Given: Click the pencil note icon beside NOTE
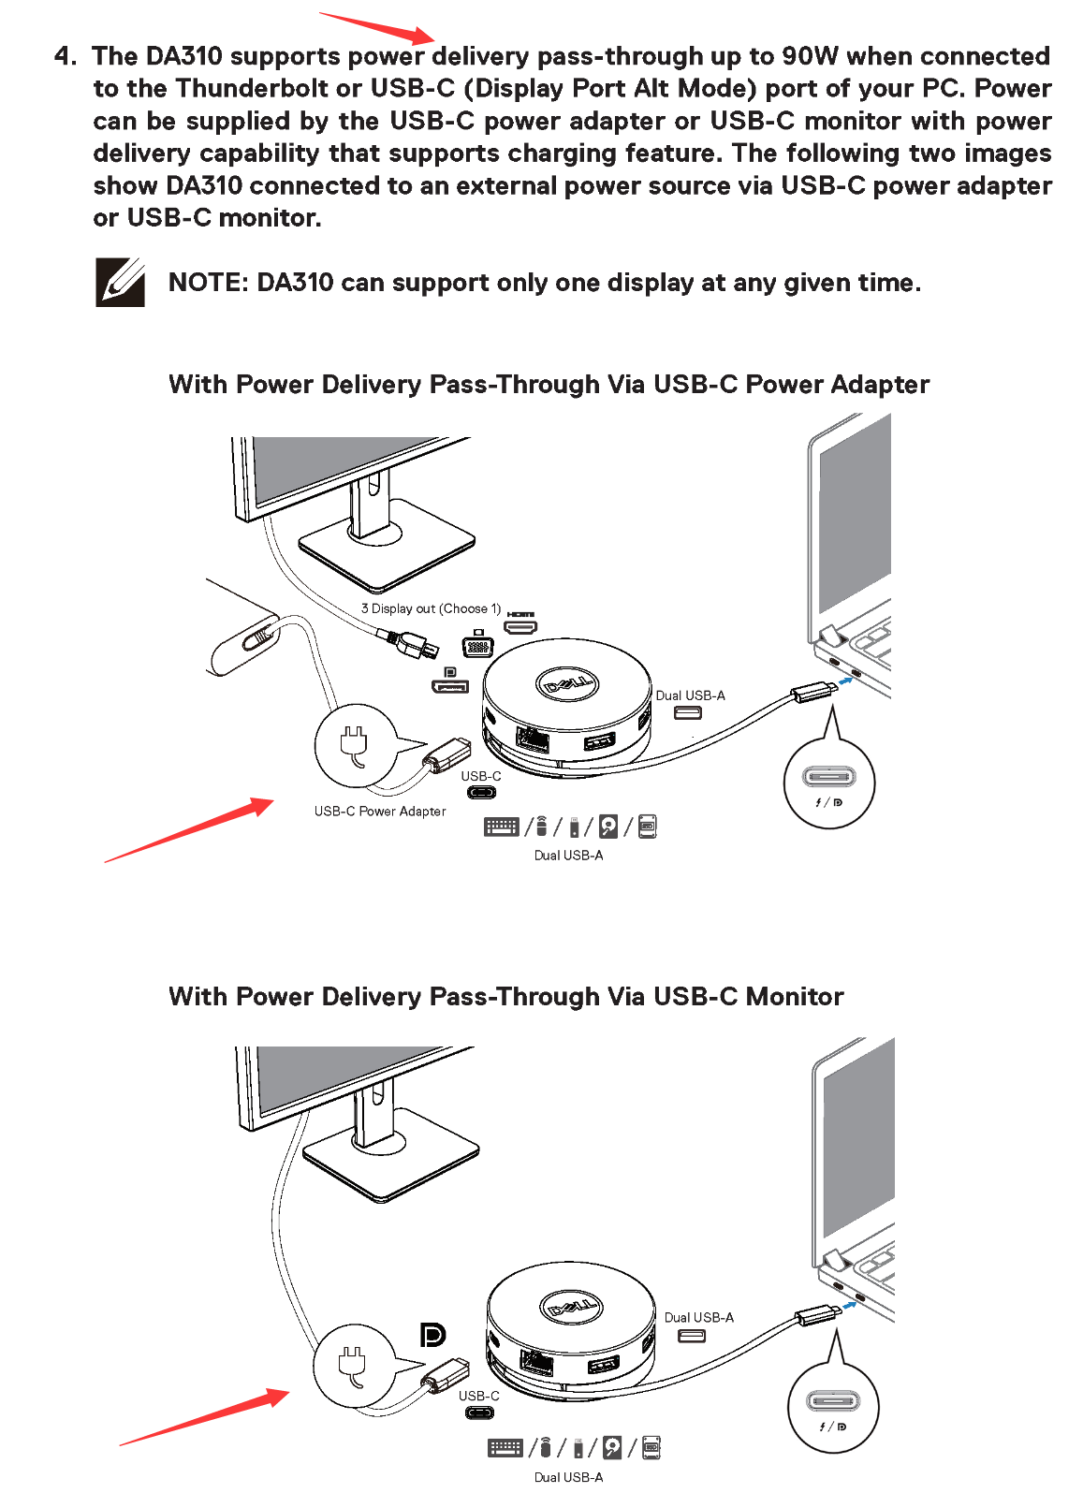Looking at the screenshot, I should [120, 282].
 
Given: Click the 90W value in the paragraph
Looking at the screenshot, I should [810, 56].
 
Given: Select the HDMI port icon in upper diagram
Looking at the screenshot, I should [520, 624].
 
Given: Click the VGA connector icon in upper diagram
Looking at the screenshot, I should [477, 646].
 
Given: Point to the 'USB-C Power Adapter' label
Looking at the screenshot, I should [380, 812].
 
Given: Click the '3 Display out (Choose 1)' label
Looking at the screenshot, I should [431, 608].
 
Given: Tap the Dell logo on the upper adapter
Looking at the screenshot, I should [567, 684].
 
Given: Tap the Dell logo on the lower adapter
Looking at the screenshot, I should [571, 1306].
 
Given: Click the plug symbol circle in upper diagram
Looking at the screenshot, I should [355, 745].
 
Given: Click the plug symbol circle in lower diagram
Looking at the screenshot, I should [353, 1365].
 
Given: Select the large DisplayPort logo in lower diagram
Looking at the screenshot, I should [432, 1335].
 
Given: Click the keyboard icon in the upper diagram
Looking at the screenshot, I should [502, 827].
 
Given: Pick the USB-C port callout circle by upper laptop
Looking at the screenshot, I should [828, 783].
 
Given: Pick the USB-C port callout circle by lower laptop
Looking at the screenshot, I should [832, 1407].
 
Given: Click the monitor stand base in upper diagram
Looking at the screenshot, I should [386, 552].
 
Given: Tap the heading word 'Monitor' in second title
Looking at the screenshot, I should [794, 997].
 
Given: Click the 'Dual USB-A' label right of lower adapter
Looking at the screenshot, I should [698, 1317].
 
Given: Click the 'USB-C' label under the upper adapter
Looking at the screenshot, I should [480, 776].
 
